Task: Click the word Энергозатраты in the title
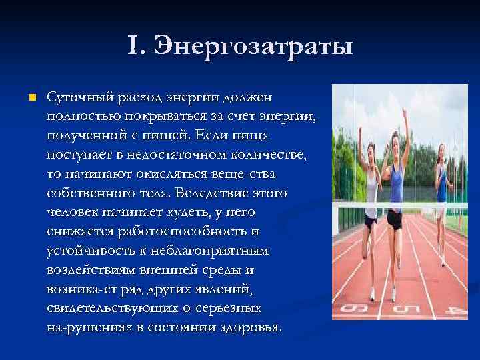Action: click(253, 47)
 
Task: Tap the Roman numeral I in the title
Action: click(133, 47)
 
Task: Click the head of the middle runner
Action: click(394, 139)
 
